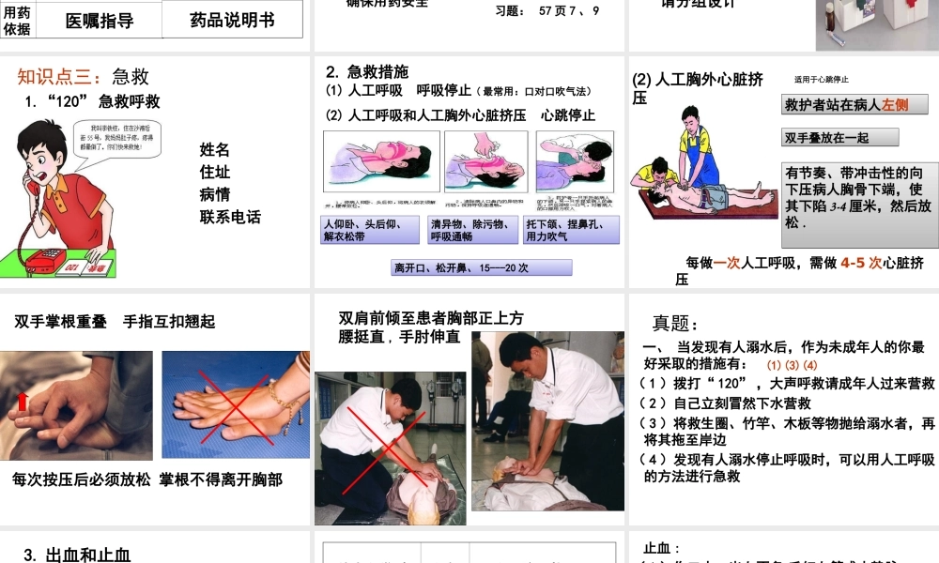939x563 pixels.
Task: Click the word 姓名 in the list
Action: [214, 150]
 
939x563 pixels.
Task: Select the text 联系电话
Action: [230, 217]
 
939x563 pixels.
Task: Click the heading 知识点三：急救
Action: [83, 77]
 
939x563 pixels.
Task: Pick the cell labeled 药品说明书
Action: [232, 19]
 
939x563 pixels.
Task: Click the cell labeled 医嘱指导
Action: [100, 20]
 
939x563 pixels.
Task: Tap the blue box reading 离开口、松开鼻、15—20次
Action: [480, 267]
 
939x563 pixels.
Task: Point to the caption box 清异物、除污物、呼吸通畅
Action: [471, 230]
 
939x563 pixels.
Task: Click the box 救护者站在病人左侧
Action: [854, 105]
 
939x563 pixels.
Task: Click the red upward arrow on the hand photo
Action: [23, 402]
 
